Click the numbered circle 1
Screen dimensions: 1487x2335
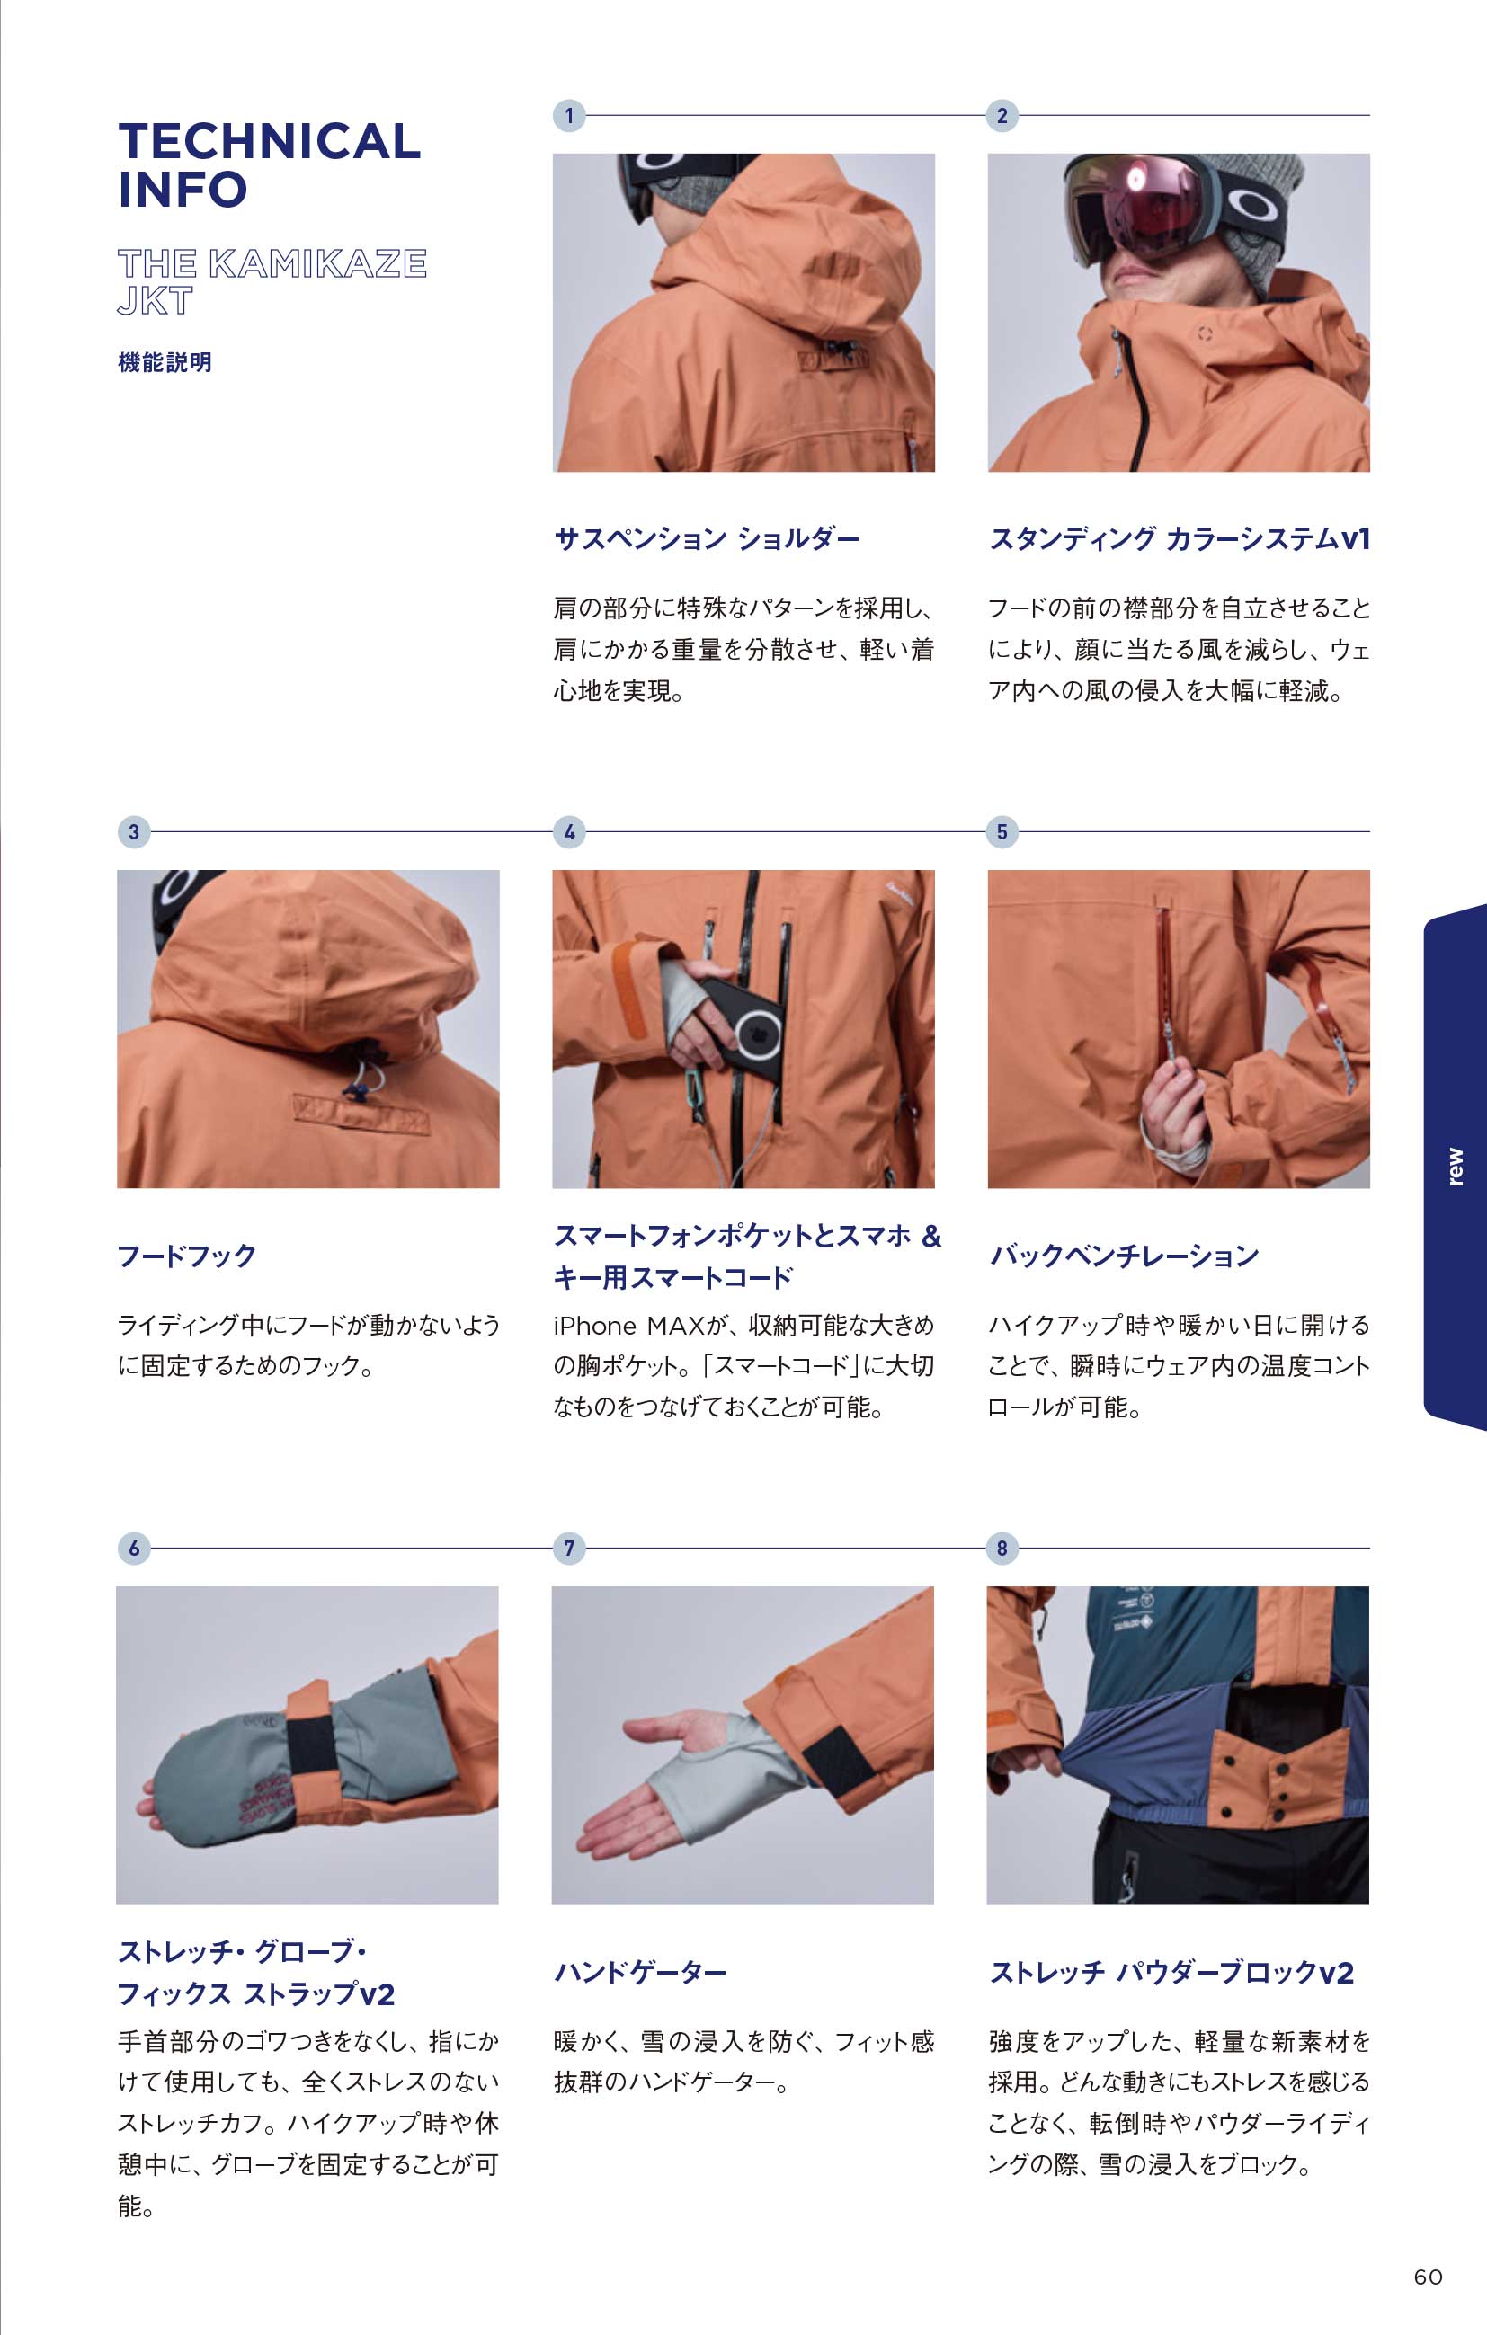[569, 115]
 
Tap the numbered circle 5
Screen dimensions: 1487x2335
[1002, 832]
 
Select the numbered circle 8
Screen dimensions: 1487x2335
[1002, 1549]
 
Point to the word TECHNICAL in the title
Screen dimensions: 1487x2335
[270, 142]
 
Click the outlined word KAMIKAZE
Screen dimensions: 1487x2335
[317, 263]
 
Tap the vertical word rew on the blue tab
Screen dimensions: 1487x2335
[1454, 1167]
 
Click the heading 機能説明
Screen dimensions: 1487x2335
[165, 363]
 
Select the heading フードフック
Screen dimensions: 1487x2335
[186, 1256]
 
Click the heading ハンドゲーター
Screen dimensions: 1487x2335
[640, 1971]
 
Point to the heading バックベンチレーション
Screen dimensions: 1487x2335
[1124, 1256]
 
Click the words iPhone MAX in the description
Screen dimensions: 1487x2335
[628, 1326]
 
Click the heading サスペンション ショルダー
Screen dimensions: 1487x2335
[706, 539]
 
